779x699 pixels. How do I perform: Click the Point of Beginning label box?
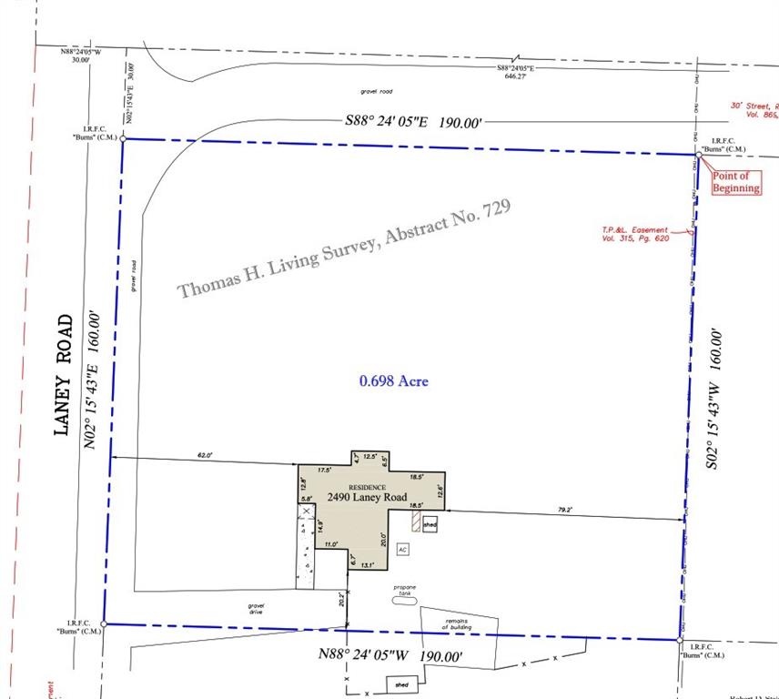click(x=735, y=182)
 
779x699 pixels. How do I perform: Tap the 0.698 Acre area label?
click(x=393, y=380)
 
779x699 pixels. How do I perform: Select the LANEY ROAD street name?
click(x=64, y=374)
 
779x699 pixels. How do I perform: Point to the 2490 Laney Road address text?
click(x=368, y=497)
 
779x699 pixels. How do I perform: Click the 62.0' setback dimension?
click(x=205, y=455)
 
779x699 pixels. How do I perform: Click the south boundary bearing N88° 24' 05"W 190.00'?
click(x=390, y=654)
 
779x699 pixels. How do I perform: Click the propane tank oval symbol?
click(x=404, y=599)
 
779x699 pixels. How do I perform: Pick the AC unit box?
click(x=402, y=550)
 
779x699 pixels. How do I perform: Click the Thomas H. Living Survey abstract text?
click(x=345, y=248)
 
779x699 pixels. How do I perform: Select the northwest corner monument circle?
click(x=124, y=139)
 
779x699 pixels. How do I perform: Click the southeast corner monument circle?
click(x=680, y=640)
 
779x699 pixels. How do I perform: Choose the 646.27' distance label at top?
click(x=515, y=76)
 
